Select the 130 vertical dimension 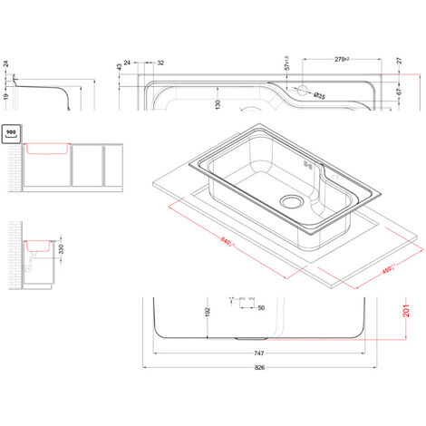pyautogui.click(x=218, y=105)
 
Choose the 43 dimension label pyautogui.click(x=120, y=67)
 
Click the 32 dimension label pyautogui.click(x=161, y=63)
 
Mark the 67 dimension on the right pyautogui.click(x=398, y=92)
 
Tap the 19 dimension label pyautogui.click(x=5, y=97)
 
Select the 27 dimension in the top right pyautogui.click(x=398, y=63)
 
